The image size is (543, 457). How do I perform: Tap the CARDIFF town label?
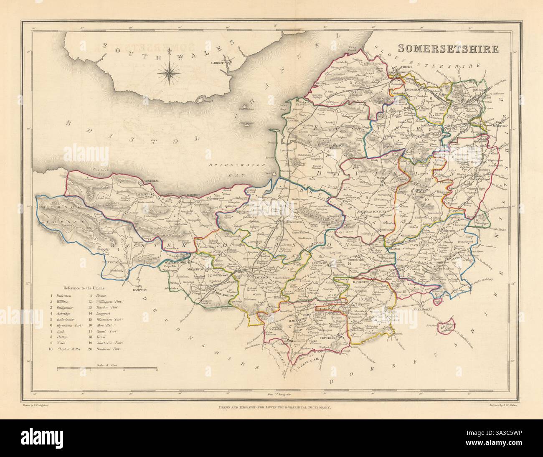click(x=228, y=63)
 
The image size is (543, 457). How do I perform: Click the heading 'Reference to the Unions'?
click(x=84, y=288)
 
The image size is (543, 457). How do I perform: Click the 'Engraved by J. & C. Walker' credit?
click(x=505, y=405)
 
